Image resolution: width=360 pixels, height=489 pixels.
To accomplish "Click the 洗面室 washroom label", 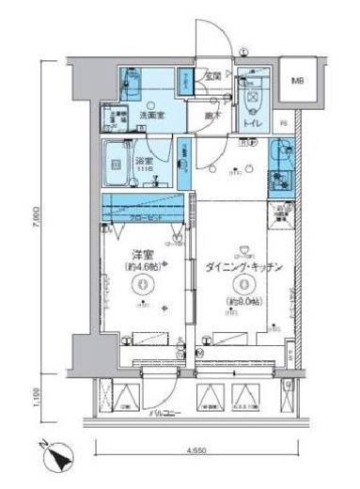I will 149,115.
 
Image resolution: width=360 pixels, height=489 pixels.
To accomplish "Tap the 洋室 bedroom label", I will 142,253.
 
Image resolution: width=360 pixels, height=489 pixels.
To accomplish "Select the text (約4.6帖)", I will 143,266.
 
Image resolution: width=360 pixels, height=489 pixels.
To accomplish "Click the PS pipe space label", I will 283,122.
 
